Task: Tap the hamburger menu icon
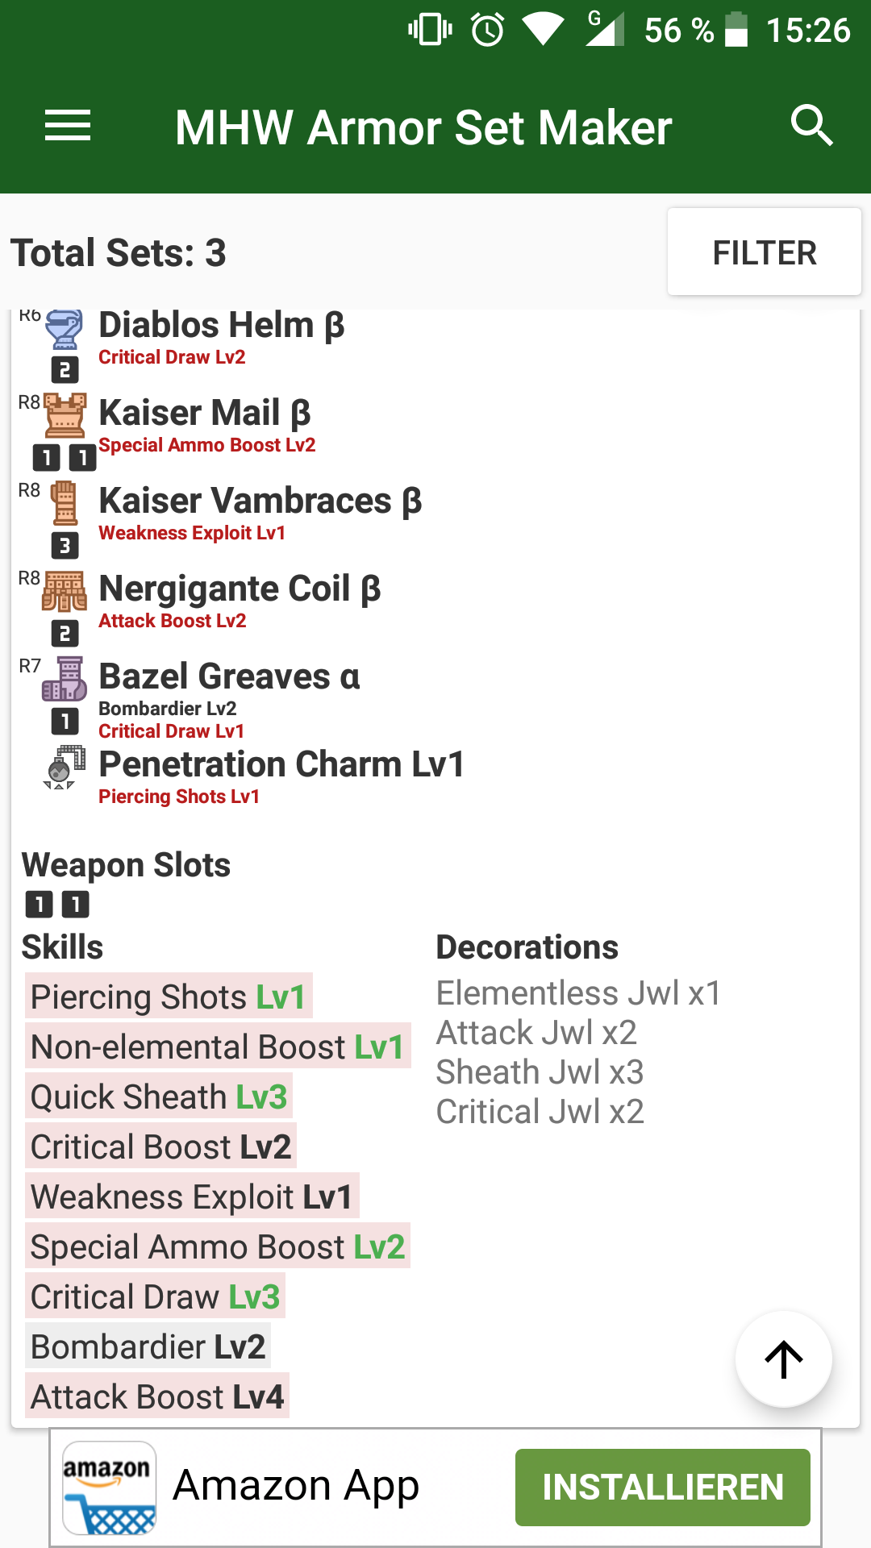[x=68, y=126]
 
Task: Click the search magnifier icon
[x=811, y=126]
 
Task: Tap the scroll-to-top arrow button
[x=783, y=1359]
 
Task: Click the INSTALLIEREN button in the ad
[x=662, y=1488]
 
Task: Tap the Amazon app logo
[x=110, y=1488]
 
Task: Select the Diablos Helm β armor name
[x=222, y=326]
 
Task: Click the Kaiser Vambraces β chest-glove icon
[x=65, y=503]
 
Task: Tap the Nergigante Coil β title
[x=240, y=589]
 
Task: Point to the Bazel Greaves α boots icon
[x=65, y=679]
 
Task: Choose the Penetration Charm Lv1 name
[x=281, y=764]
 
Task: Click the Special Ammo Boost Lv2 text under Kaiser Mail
[x=207, y=445]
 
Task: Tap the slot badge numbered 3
[x=65, y=546]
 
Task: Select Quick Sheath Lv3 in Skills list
[x=159, y=1097]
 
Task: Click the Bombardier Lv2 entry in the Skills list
[x=148, y=1347]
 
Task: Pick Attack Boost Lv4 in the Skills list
[x=157, y=1397]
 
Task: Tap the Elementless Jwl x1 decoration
[x=578, y=993]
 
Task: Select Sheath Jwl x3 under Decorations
[x=540, y=1072]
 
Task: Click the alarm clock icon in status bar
[x=488, y=31]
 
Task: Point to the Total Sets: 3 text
[x=119, y=253]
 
